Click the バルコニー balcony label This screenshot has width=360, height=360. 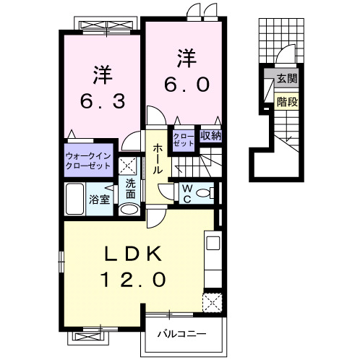pos(182,334)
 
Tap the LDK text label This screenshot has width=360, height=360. pos(133,254)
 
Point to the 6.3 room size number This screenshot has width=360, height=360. pos(103,101)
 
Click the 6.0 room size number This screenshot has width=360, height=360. pos(187,85)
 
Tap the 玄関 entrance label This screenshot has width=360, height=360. pos(287,78)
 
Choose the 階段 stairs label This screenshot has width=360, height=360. pos(287,102)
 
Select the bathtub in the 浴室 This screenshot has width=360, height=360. pos(75,199)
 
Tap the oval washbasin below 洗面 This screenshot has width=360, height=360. pos(129,210)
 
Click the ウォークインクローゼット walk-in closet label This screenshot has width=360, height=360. pos(88,160)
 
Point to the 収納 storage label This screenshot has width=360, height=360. pos(211,136)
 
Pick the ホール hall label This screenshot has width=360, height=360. pos(158,158)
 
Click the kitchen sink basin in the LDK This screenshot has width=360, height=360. pos(213,243)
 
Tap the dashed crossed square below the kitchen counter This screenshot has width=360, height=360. pos(212,302)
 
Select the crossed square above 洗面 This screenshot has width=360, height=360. pos(128,166)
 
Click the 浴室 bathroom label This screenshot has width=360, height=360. pos(99,200)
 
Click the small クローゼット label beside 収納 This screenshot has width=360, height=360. pos(184,140)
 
